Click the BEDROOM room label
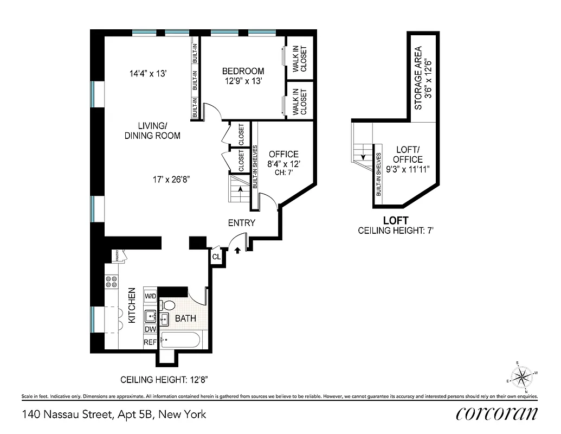[x=243, y=71]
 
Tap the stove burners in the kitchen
[x=112, y=281]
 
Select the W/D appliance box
[x=150, y=296]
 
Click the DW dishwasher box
[x=150, y=329]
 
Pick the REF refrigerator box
[x=150, y=342]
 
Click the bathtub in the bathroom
[x=180, y=340]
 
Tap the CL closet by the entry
[x=216, y=257]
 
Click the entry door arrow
[x=237, y=250]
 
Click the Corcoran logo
[x=496, y=414]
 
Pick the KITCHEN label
[x=132, y=306]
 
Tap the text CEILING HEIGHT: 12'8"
[x=164, y=379]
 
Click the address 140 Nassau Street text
[x=114, y=415]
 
